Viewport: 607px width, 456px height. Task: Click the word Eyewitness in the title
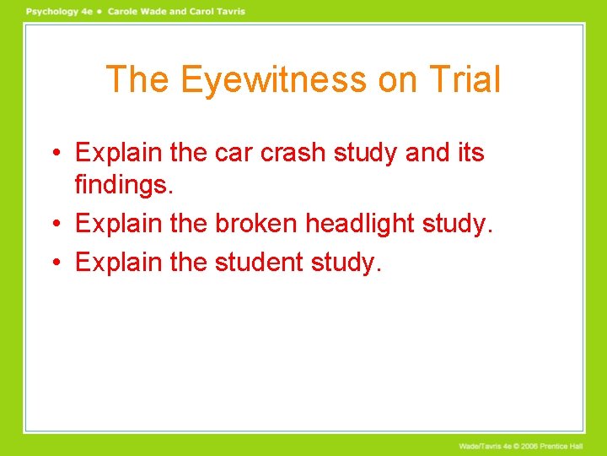pos(274,80)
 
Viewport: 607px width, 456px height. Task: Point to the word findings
pos(124,185)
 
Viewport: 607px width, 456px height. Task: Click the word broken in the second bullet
pos(256,224)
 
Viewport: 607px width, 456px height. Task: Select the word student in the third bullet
pos(258,262)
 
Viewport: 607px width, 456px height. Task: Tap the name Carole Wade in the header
pos(137,12)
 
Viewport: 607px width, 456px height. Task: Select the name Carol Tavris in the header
pos(215,12)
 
